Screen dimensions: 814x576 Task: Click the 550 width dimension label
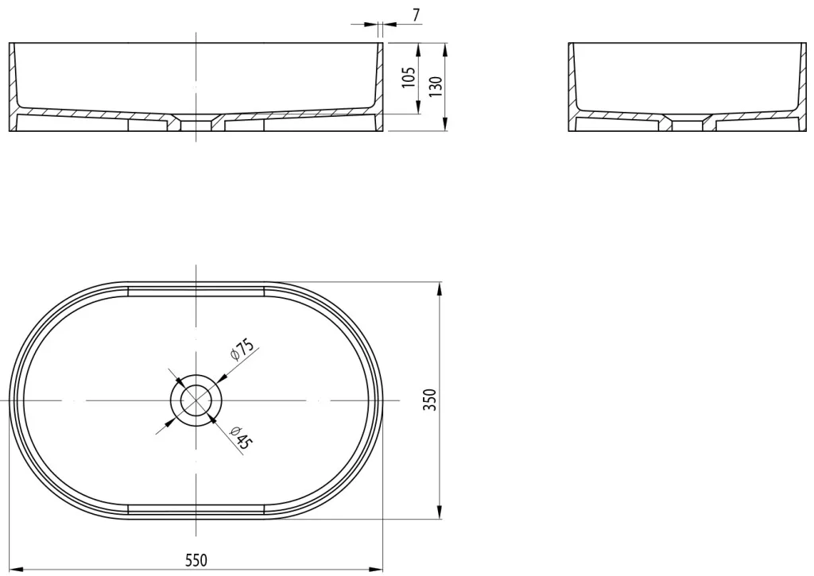point(196,560)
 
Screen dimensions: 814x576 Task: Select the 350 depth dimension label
point(430,400)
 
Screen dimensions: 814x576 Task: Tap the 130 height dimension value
point(436,87)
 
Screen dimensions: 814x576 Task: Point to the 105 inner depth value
point(409,77)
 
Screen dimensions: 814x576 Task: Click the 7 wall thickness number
point(416,15)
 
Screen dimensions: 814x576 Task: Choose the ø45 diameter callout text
point(242,438)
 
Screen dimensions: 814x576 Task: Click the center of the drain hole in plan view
point(196,400)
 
